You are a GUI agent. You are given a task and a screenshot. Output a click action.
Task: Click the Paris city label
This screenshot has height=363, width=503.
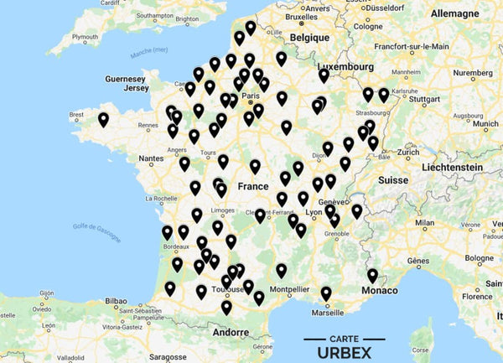(x=249, y=96)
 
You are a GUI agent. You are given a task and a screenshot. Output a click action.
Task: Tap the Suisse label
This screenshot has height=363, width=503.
(x=392, y=179)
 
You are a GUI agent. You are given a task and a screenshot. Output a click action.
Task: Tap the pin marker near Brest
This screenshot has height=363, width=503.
(x=103, y=120)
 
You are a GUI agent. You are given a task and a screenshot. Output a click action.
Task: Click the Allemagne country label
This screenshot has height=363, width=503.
(x=454, y=14)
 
